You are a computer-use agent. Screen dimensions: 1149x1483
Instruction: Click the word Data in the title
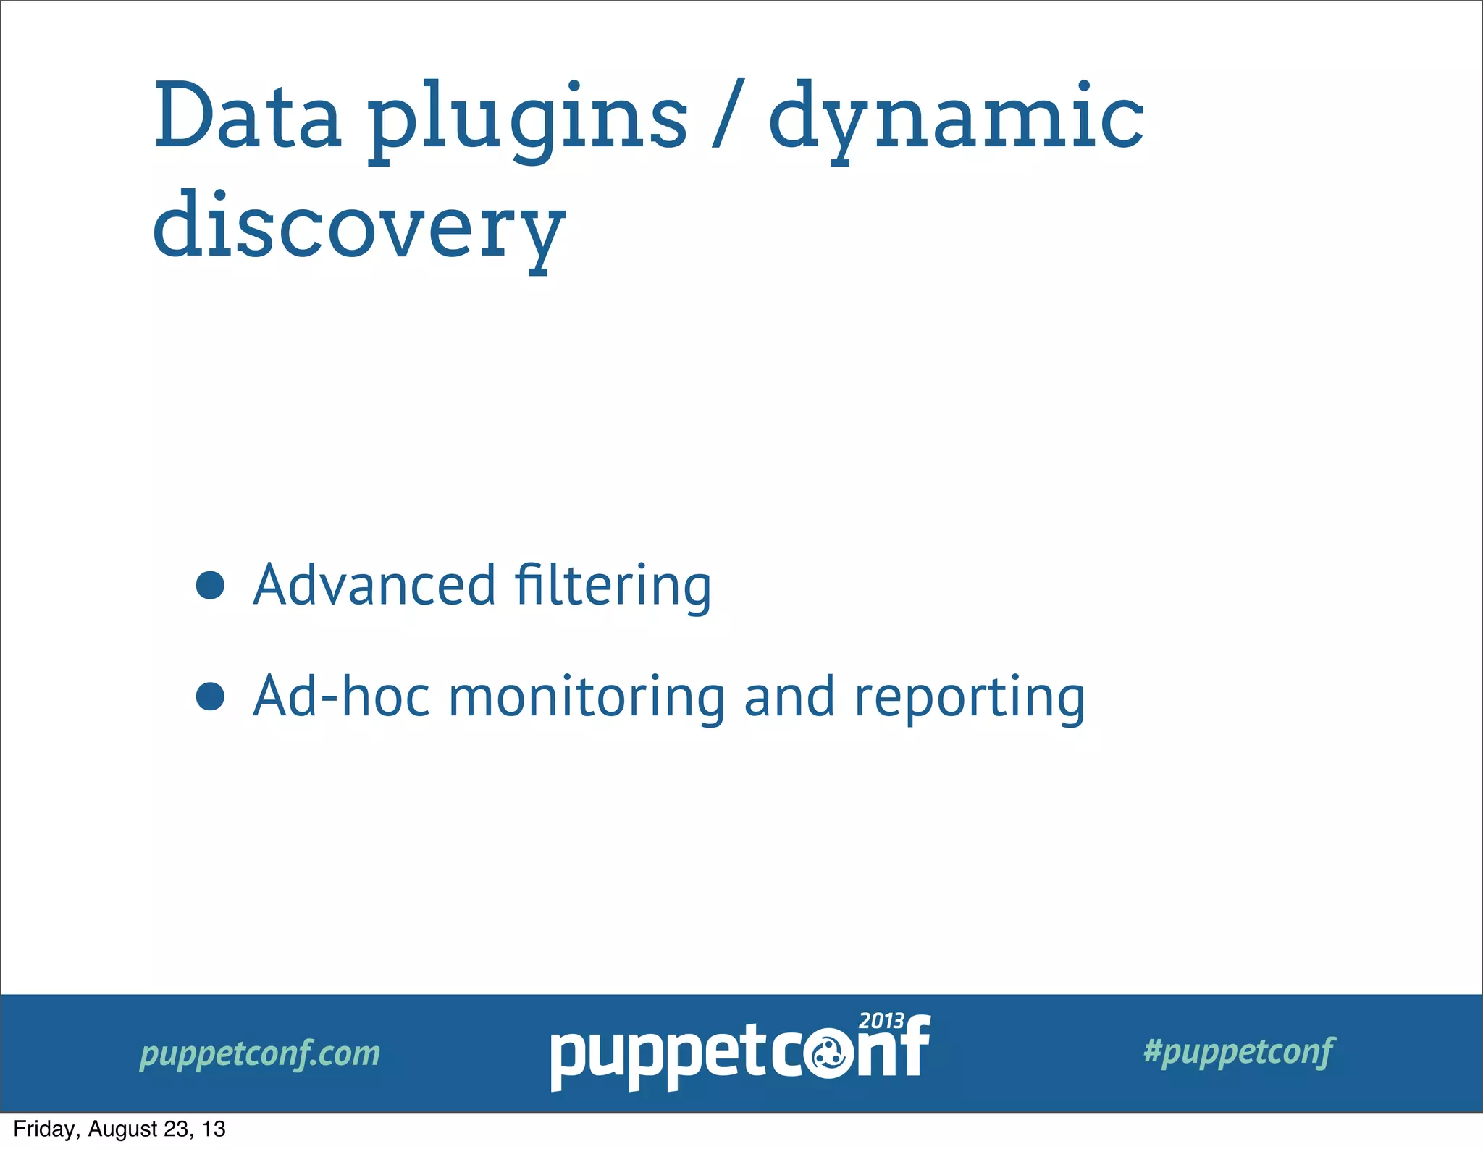click(x=247, y=116)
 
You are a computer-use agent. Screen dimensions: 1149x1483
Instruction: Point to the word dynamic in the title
click(x=956, y=119)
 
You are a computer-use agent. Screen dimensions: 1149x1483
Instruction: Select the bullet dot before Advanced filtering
click(x=210, y=585)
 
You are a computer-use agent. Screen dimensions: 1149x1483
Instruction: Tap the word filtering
click(x=613, y=586)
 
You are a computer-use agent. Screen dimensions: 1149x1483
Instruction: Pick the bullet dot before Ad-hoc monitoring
click(x=210, y=696)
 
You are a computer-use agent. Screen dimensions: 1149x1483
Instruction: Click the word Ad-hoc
click(x=340, y=696)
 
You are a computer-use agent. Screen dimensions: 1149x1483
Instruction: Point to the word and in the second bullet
click(x=790, y=696)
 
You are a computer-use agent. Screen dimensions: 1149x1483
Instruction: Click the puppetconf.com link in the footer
click(x=260, y=1054)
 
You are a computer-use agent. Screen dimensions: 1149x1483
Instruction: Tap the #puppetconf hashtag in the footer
click(x=1239, y=1052)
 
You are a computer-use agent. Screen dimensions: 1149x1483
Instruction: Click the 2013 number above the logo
click(x=881, y=1022)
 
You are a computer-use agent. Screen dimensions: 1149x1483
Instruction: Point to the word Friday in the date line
click(x=43, y=1129)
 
